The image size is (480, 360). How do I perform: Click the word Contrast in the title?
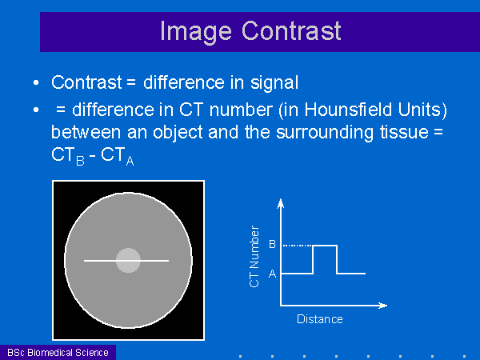pyautogui.click(x=291, y=30)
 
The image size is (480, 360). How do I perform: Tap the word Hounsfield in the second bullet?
pyautogui.click(x=348, y=110)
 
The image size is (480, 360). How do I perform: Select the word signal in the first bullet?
pyautogui.click(x=274, y=83)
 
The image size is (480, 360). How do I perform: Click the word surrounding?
pyautogui.click(x=325, y=133)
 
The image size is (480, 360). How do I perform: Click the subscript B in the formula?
pyautogui.click(x=80, y=161)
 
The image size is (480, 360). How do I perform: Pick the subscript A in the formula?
pyautogui.click(x=130, y=161)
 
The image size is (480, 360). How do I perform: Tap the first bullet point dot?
pyautogui.click(x=36, y=82)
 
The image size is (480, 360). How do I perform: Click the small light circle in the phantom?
pyautogui.click(x=128, y=260)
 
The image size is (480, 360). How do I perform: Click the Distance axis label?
pyautogui.click(x=319, y=319)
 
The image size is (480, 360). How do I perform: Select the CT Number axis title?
pyautogui.click(x=254, y=257)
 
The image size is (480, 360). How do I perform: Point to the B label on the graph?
pyautogui.click(x=272, y=244)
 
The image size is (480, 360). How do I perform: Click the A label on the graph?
pyautogui.click(x=272, y=274)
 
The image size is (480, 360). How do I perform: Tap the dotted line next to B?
pyautogui.click(x=298, y=246)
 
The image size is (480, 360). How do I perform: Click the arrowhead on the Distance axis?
pyautogui.click(x=383, y=306)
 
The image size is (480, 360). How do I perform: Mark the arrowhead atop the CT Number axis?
pyautogui.click(x=281, y=203)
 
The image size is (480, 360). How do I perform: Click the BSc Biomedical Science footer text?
pyautogui.click(x=58, y=353)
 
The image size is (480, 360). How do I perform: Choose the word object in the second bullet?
pyautogui.click(x=178, y=133)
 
